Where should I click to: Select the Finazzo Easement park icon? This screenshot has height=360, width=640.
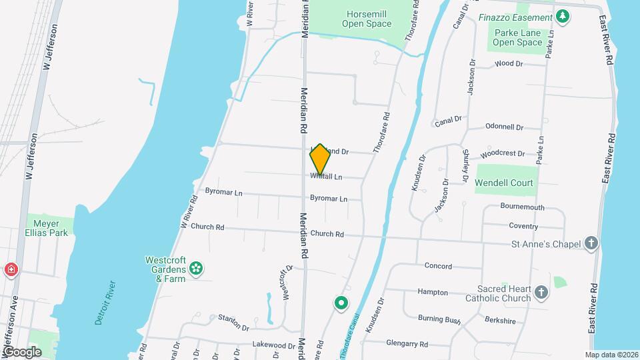coord(563,17)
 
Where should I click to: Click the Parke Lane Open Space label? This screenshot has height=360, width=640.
coord(517,37)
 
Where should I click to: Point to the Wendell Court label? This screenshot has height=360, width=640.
coord(505,182)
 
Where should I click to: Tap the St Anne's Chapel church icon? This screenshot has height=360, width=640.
coord(591,243)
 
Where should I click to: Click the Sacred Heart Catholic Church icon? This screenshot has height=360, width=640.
coord(541,292)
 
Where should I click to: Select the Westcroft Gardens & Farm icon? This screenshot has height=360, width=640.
coord(196,269)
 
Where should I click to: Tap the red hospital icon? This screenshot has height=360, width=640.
coord(11,270)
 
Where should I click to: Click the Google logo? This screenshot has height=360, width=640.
coord(22,351)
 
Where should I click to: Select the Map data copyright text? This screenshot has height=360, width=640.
coord(611,355)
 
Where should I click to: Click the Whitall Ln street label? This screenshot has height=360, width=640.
coord(326,177)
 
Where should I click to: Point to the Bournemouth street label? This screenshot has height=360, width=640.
coord(523,207)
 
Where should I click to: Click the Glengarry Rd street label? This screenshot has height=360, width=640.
coord(407,344)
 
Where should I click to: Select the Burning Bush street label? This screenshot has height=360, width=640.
coord(439,319)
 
